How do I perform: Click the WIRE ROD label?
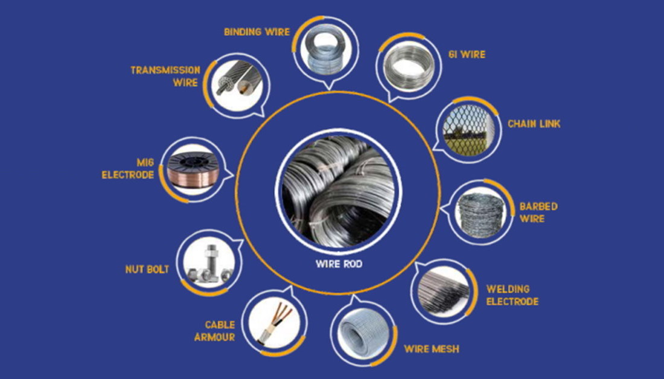pos(339,264)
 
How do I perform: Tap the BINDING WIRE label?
pos(257,31)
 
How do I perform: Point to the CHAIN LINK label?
pos(534,124)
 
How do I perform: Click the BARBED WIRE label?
pos(538,212)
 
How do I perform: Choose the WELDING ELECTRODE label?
pos(512,295)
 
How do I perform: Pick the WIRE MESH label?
pos(431,349)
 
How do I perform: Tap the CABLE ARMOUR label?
pos(215,331)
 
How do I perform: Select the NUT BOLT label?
pos(147,269)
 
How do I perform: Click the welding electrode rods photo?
pos(444,289)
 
